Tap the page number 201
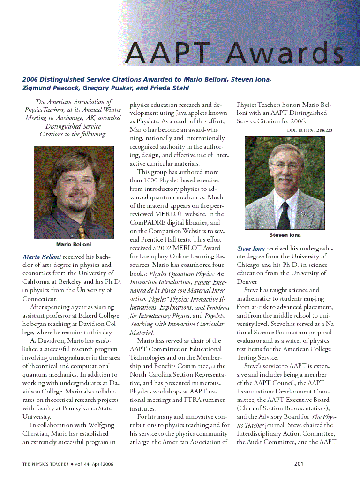(x=299, y=464)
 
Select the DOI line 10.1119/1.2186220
(x=309, y=130)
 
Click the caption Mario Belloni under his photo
(x=74, y=244)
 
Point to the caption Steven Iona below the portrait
(x=285, y=235)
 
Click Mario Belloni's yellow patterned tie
(x=81, y=231)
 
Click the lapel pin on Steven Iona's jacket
(x=303, y=214)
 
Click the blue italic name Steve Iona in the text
(x=251, y=248)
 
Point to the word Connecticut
(x=40, y=299)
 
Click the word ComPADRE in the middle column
(x=146, y=223)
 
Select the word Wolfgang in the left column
(x=100, y=425)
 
